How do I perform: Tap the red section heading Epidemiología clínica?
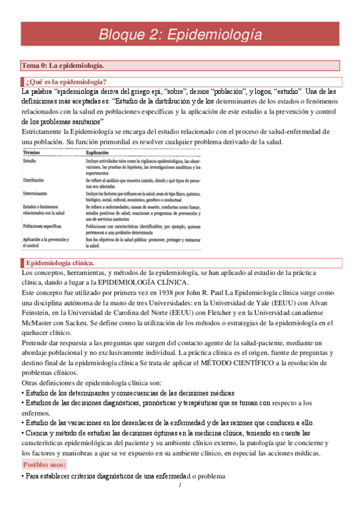pyautogui.click(x=59, y=263)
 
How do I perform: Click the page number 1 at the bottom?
pyautogui.click(x=180, y=486)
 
